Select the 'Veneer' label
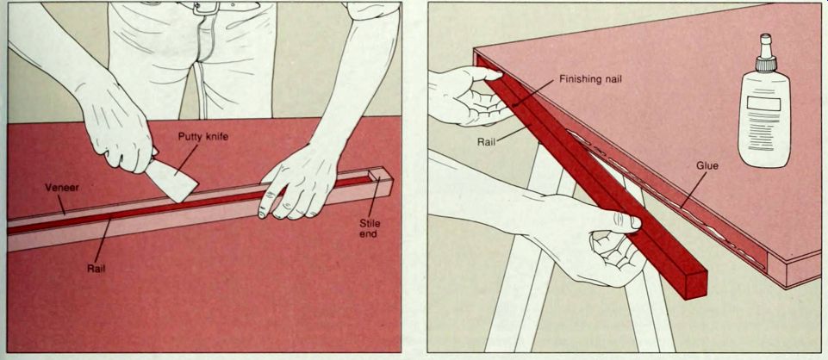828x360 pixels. tap(62, 188)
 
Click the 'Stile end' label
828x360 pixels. tap(370, 228)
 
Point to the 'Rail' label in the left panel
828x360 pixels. tap(96, 268)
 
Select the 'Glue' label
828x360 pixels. tap(708, 166)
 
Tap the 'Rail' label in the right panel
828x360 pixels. tap(486, 142)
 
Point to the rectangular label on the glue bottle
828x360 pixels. tap(763, 104)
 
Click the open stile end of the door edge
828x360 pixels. tap(382, 181)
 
